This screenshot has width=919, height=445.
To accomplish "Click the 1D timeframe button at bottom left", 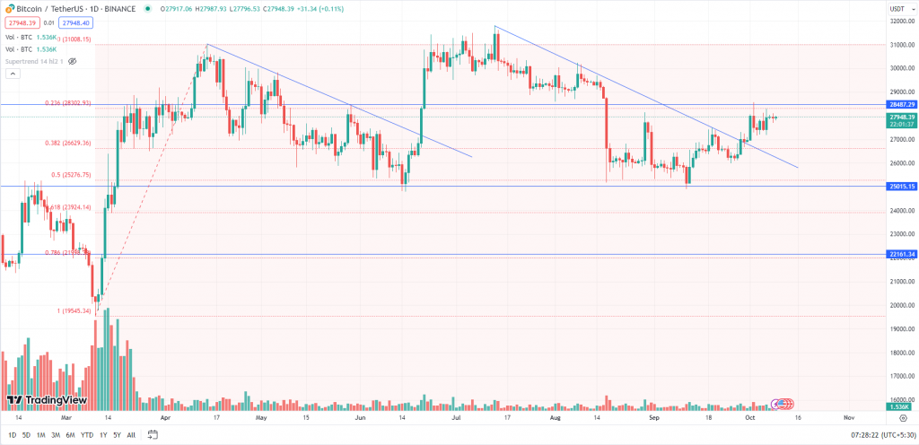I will tap(12, 435).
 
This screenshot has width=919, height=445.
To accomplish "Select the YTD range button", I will tap(86, 435).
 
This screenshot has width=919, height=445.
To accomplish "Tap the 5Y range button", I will tap(117, 435).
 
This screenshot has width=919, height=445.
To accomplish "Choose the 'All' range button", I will tap(131, 435).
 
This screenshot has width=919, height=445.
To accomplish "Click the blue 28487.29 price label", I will tap(900, 104).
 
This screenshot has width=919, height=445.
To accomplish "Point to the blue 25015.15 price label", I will tap(900, 186).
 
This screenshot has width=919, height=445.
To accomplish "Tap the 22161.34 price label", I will tap(900, 254).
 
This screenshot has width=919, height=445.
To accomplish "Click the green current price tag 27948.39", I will tap(900, 118).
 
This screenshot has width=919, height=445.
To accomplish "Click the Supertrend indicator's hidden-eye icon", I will tap(73, 61).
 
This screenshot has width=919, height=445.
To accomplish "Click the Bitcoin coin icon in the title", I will tap(8, 8).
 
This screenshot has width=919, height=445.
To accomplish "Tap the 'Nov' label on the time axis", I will tap(847, 418).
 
